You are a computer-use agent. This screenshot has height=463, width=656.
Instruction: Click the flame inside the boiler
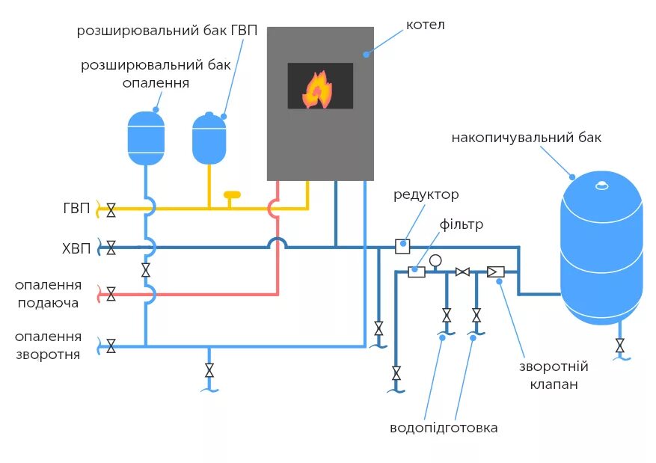[317, 90]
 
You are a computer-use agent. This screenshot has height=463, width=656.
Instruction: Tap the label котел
[425, 25]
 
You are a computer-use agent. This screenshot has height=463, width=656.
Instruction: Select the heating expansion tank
[146, 138]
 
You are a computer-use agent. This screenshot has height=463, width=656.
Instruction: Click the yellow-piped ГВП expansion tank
[209, 138]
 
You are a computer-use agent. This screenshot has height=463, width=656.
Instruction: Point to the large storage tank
[601, 248]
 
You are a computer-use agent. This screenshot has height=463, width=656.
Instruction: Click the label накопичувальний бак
[527, 138]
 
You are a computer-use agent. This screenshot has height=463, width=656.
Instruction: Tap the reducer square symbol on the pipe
[402, 247]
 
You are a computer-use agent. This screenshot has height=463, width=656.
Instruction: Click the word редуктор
[426, 195]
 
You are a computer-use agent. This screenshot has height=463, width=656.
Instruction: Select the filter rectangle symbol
[417, 272]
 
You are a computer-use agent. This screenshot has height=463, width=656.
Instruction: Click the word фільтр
[461, 224]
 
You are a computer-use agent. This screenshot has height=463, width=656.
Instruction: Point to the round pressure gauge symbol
[435, 260]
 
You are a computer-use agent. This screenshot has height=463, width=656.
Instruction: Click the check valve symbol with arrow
[496, 272]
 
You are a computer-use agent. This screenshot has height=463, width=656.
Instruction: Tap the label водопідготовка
[444, 428]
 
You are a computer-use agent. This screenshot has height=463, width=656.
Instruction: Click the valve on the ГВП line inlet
[111, 210]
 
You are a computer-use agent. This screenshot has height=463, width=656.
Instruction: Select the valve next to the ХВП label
[111, 248]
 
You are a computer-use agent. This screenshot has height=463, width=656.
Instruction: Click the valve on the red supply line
[111, 294]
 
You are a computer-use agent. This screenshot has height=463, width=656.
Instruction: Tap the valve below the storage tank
[620, 346]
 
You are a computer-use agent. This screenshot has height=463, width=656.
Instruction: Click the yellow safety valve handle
[232, 194]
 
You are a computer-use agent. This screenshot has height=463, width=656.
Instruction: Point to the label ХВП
[76, 249]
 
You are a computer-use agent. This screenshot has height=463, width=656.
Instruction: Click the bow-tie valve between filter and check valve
[462, 272]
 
